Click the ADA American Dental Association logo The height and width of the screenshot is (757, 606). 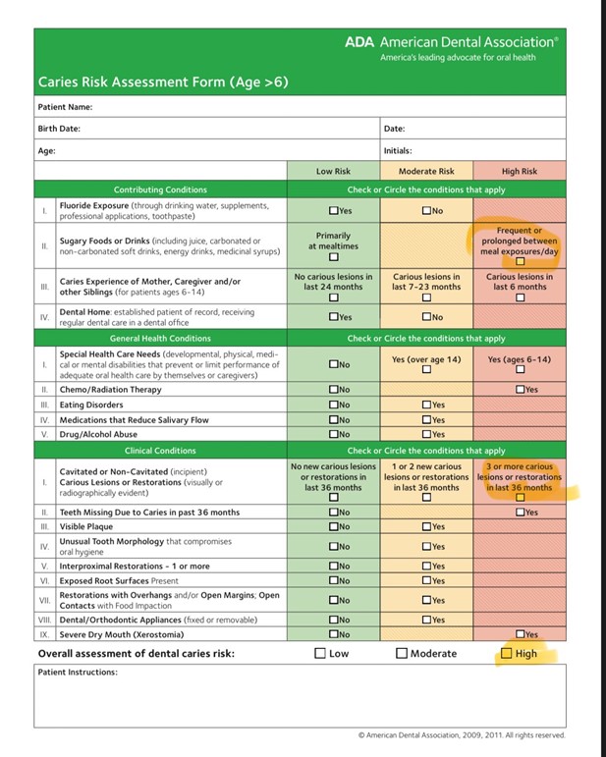451,42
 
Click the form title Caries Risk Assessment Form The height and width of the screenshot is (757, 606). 163,82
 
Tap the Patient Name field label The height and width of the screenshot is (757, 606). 65,106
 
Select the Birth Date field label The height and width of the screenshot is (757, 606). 59,129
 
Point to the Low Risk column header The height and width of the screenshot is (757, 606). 333,171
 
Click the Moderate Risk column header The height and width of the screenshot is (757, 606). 425,171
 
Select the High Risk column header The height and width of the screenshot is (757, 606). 520,171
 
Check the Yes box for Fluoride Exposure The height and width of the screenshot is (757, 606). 334,210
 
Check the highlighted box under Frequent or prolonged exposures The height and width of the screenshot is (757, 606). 520,261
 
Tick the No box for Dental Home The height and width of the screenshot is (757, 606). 426,317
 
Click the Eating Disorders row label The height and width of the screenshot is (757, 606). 93,405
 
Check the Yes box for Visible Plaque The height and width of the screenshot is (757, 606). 426,527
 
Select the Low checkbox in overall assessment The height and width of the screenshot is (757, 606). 320,653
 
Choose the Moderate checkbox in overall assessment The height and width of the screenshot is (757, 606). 402,653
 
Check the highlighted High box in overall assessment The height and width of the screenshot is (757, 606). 507,653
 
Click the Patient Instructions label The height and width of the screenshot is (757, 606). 78,673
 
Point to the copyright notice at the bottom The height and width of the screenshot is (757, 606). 462,734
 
